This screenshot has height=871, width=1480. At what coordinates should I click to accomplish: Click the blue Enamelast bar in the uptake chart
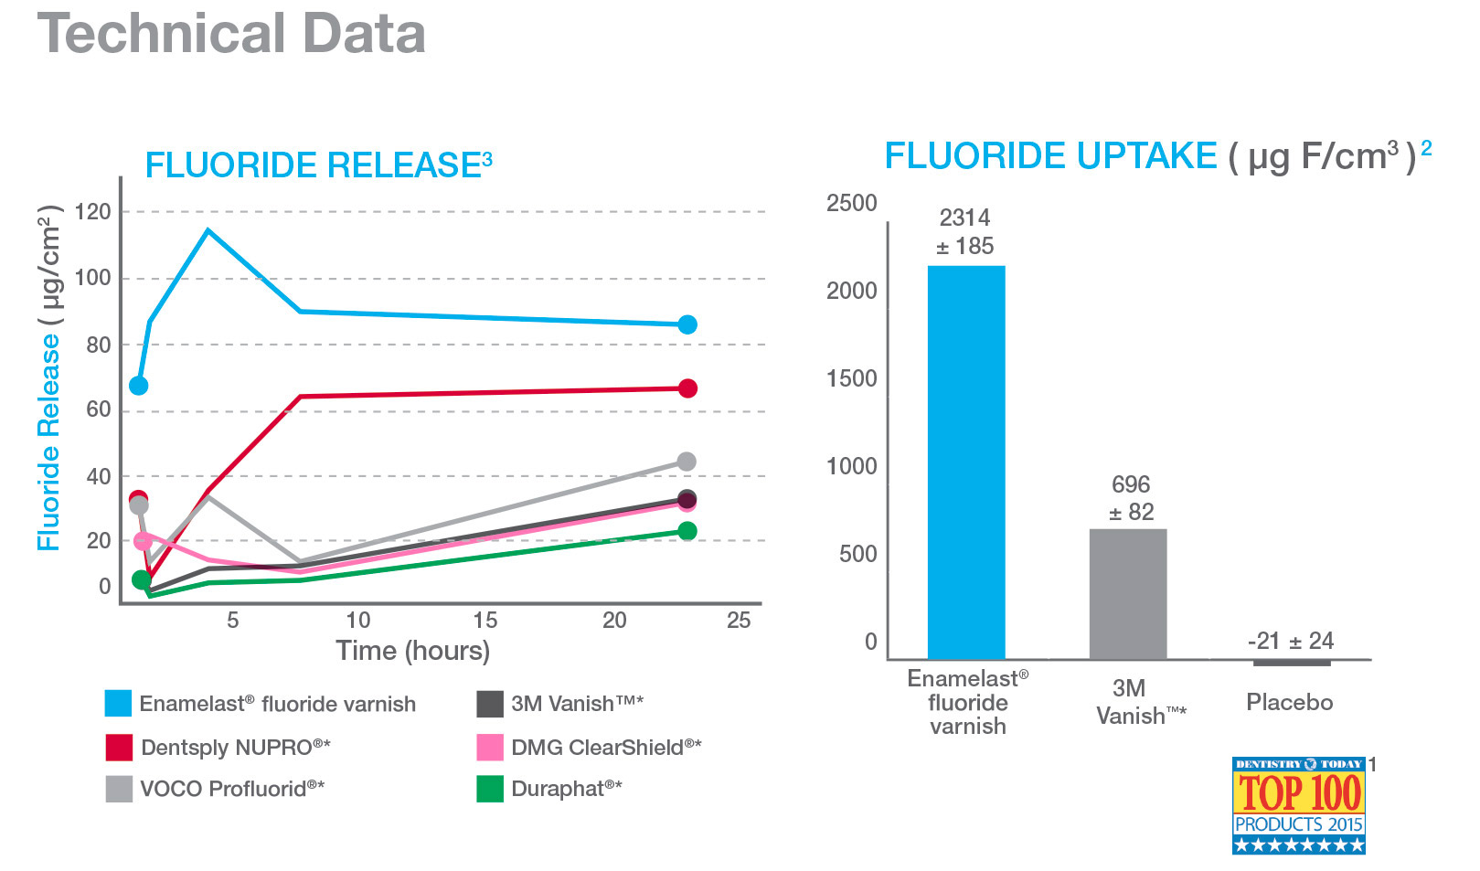(x=966, y=462)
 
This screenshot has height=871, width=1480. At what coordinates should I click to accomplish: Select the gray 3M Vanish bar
(x=1128, y=594)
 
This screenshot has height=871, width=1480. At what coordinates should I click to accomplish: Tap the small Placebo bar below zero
(x=1292, y=663)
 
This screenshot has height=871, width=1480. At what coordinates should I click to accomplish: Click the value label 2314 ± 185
(x=965, y=232)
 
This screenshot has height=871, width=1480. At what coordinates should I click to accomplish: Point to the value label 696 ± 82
(x=1131, y=498)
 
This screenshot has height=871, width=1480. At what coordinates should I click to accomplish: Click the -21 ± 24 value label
(x=1291, y=641)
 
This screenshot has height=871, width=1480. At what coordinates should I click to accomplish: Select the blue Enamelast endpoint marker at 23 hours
(x=687, y=324)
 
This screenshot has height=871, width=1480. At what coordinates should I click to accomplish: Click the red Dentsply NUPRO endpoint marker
(x=687, y=388)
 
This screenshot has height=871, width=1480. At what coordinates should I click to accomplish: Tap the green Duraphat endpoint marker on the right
(x=687, y=531)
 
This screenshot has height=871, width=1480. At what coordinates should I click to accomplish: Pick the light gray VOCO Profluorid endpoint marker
(x=687, y=462)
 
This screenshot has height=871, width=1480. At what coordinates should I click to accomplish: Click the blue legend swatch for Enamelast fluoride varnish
(x=118, y=703)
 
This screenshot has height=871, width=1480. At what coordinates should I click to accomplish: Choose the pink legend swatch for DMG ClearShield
(x=490, y=747)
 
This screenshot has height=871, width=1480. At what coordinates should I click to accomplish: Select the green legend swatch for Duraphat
(x=490, y=789)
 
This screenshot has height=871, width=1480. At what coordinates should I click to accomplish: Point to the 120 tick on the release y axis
(x=92, y=212)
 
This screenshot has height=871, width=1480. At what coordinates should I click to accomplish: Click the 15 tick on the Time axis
(x=485, y=620)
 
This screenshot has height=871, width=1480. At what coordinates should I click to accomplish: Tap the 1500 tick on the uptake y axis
(x=852, y=378)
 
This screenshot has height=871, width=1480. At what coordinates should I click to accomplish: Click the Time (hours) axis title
(x=413, y=651)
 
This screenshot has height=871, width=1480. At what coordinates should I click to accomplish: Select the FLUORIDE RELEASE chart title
(x=318, y=165)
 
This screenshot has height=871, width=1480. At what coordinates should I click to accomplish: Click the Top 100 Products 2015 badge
(x=1298, y=805)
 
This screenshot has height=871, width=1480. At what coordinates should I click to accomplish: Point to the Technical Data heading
(x=231, y=34)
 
